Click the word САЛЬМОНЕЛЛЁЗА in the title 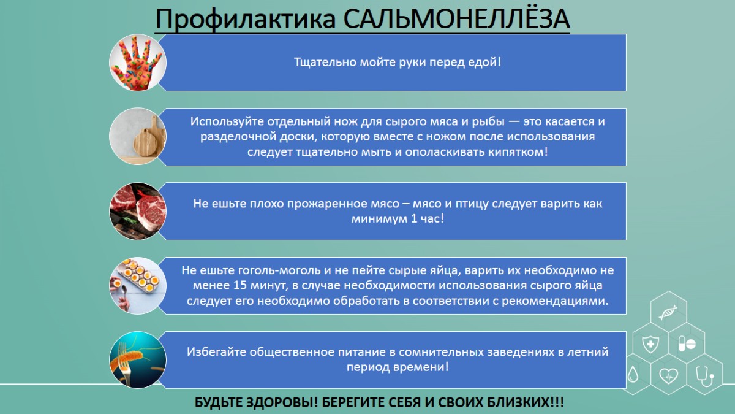pos(456,18)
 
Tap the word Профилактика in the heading pos(246,20)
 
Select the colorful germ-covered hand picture pos(138,63)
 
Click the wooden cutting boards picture pos(138,136)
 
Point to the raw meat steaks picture pos(138,211)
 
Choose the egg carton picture pos(138,286)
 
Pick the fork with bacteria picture pos(138,360)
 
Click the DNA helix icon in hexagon pos(668,312)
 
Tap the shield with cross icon pos(650,344)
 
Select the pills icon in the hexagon pos(687,343)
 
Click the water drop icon pos(633,374)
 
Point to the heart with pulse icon pos(668,375)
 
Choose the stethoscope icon pos(705,375)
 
